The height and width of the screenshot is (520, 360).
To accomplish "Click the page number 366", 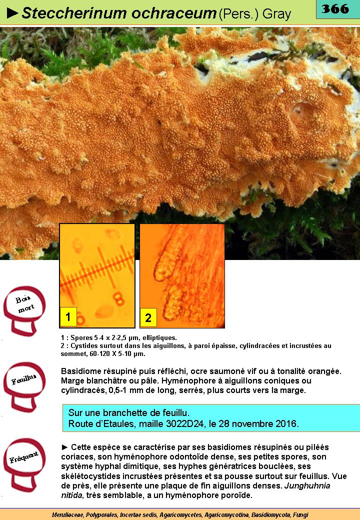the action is click(x=335, y=8).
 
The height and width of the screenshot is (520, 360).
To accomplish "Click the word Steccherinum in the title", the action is click(x=74, y=13).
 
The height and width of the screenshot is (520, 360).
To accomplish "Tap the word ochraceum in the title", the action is click(x=174, y=13).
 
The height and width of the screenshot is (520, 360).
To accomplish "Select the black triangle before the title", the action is click(x=12, y=13).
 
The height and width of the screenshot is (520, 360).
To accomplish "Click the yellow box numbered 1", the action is click(x=68, y=316).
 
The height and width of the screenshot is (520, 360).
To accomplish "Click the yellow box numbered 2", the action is click(x=148, y=317).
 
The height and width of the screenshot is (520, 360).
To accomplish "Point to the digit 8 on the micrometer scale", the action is click(x=118, y=298).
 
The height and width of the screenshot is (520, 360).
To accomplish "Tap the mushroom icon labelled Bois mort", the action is click(x=24, y=310).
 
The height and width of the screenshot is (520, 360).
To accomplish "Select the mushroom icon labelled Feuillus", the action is click(x=24, y=386).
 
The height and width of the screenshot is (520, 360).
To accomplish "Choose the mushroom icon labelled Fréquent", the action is click(x=24, y=464).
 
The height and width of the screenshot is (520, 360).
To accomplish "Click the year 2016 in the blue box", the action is click(x=286, y=424).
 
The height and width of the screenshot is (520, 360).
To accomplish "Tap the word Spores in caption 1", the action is click(x=81, y=338).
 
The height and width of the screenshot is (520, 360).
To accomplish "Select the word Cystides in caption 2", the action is click(x=83, y=346).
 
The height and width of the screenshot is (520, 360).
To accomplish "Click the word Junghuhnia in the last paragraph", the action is click(x=307, y=486).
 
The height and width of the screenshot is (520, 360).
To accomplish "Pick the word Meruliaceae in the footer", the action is click(x=68, y=515).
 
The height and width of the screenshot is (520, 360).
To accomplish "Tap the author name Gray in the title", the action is click(x=276, y=14).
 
